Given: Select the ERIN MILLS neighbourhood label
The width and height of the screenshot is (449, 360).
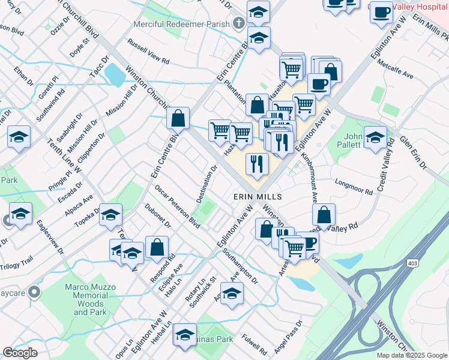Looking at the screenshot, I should coord(253,197).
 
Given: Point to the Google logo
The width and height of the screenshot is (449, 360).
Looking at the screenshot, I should coord(20,353).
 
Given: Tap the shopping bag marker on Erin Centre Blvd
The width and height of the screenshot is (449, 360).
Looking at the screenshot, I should coord(178,118).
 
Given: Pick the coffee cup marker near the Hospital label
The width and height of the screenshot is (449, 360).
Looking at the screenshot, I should coord(381,13).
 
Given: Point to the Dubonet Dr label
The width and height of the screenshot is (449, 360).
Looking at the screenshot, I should coord(158,217).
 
